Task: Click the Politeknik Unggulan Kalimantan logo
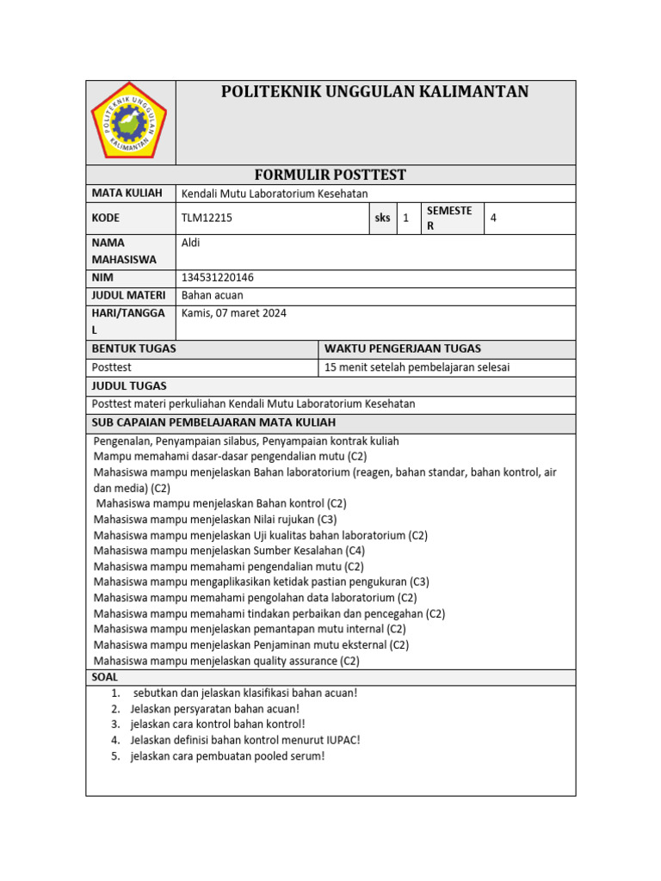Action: [130, 120]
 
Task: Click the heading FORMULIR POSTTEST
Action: [331, 175]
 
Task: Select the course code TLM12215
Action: [207, 219]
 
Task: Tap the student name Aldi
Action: [191, 243]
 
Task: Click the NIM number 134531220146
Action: [218, 278]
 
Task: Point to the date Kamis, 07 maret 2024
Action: [234, 313]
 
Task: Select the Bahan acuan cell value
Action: [213, 295]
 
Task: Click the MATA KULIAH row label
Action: [127, 193]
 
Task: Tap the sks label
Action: [382, 219]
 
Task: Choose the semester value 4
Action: [493, 219]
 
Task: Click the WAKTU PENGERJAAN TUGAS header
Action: [402, 348]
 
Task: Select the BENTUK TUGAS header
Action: [133, 348]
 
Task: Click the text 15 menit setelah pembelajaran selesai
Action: [417, 367]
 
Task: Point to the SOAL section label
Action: [105, 677]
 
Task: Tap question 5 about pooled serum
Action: [227, 756]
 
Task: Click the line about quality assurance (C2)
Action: [226, 661]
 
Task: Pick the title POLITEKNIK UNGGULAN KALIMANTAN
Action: [375, 92]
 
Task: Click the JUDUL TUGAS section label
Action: [129, 385]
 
